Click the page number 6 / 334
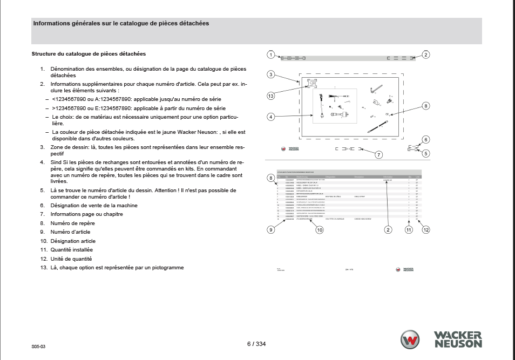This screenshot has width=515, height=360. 256,344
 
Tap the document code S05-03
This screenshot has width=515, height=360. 38,347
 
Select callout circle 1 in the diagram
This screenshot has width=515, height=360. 270,55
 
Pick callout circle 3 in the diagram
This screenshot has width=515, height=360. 270,74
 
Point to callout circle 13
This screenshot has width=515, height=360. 270,96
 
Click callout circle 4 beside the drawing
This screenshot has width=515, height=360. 270,116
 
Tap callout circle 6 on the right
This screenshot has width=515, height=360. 426,140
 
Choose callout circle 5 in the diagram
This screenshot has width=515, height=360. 426,153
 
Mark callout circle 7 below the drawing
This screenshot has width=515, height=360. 379,155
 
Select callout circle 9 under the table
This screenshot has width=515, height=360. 270,229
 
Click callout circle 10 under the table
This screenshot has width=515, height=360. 320,230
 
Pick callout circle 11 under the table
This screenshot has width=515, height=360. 409,230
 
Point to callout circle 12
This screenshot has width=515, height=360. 426,230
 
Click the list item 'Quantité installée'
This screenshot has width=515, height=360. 72,250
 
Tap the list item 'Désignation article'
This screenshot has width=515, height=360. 73,241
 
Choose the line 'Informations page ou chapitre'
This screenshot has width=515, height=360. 86,214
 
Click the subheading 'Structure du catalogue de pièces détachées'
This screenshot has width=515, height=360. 89,54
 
